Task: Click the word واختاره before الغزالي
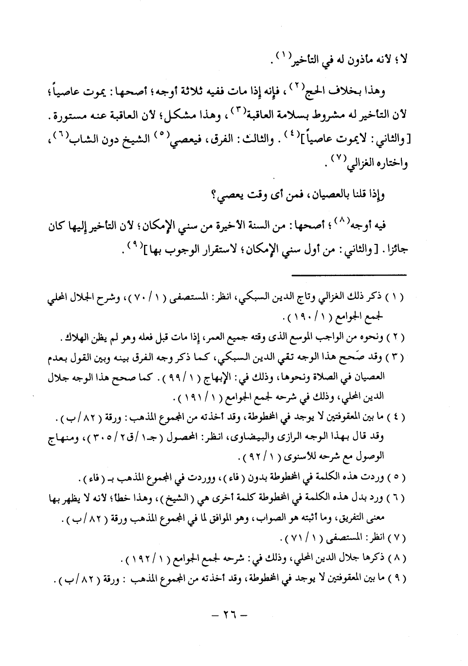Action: (x=387, y=164)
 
